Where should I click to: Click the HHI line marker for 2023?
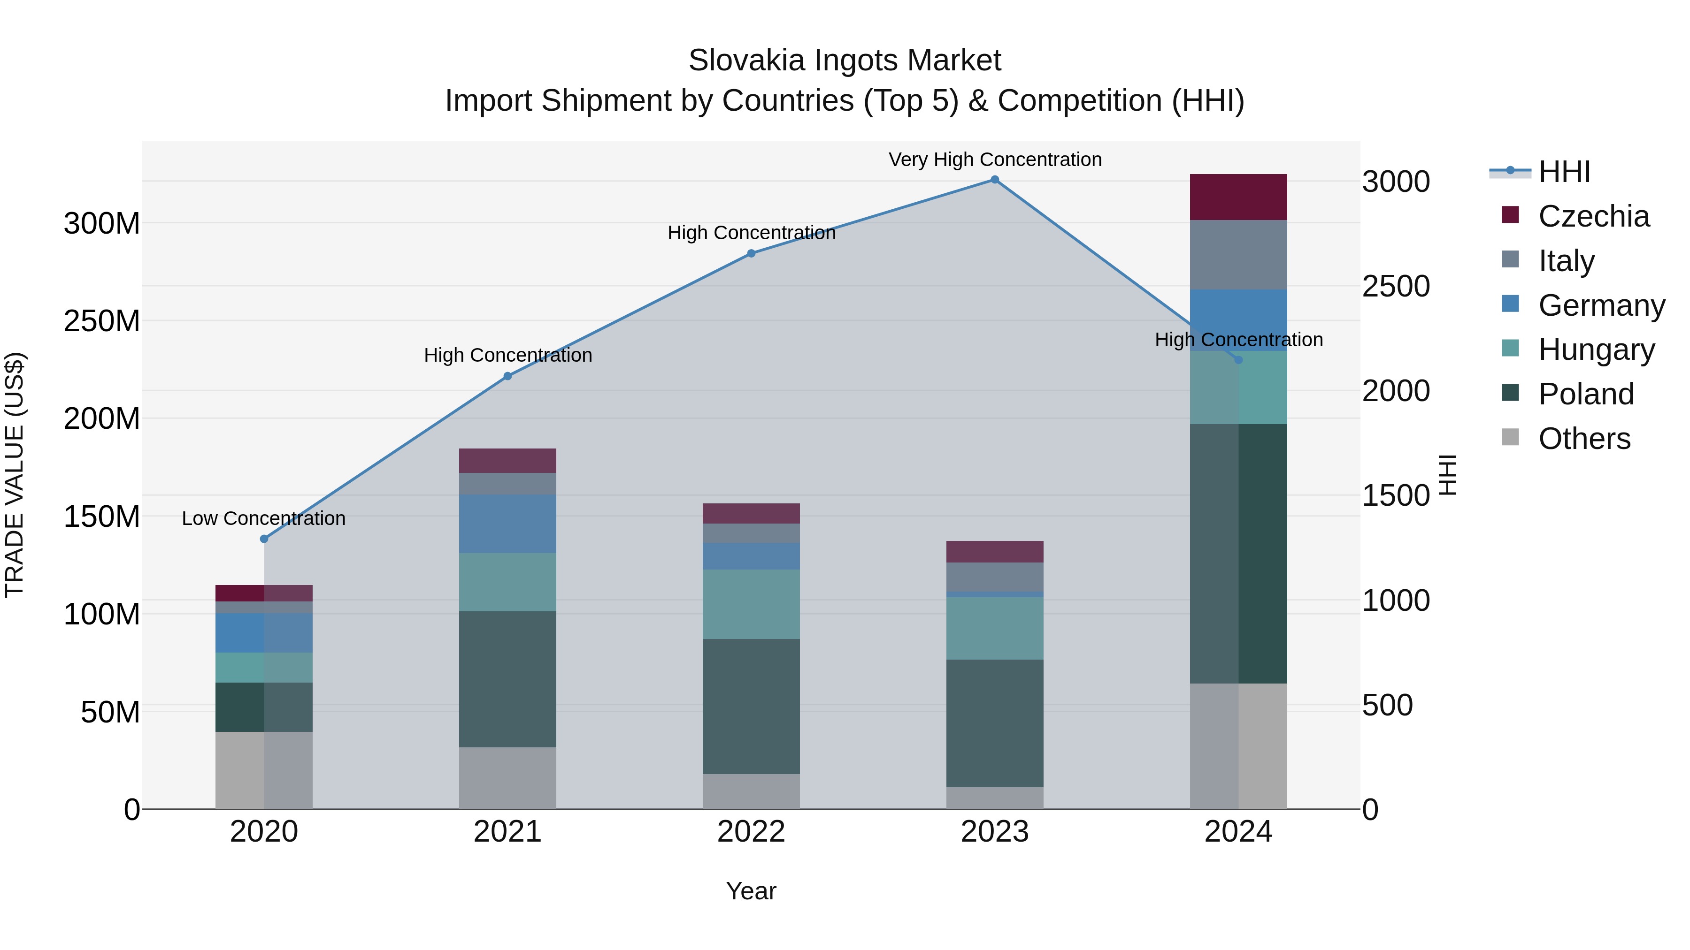[995, 180]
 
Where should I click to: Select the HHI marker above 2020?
[264, 539]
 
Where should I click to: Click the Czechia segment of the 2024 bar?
[1238, 197]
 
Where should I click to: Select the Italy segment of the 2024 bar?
[1238, 254]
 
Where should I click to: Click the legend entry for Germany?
[1601, 305]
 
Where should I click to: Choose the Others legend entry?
[1584, 439]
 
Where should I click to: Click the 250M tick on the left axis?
[102, 321]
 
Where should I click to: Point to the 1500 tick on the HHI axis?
[1396, 496]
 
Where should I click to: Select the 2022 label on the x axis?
[751, 832]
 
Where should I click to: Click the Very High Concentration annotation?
[995, 160]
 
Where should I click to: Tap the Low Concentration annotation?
[264, 518]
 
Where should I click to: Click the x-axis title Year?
[751, 891]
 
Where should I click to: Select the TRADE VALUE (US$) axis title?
[15, 475]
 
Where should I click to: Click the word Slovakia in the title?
[746, 61]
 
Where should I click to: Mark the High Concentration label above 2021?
[508, 355]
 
